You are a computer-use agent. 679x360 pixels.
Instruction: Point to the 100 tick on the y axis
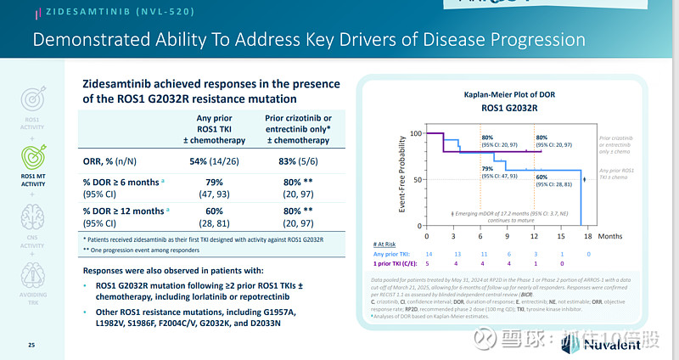point(416,133)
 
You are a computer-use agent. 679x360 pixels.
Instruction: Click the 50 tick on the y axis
point(418,180)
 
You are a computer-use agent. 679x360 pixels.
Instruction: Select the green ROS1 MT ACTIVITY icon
point(31,155)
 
